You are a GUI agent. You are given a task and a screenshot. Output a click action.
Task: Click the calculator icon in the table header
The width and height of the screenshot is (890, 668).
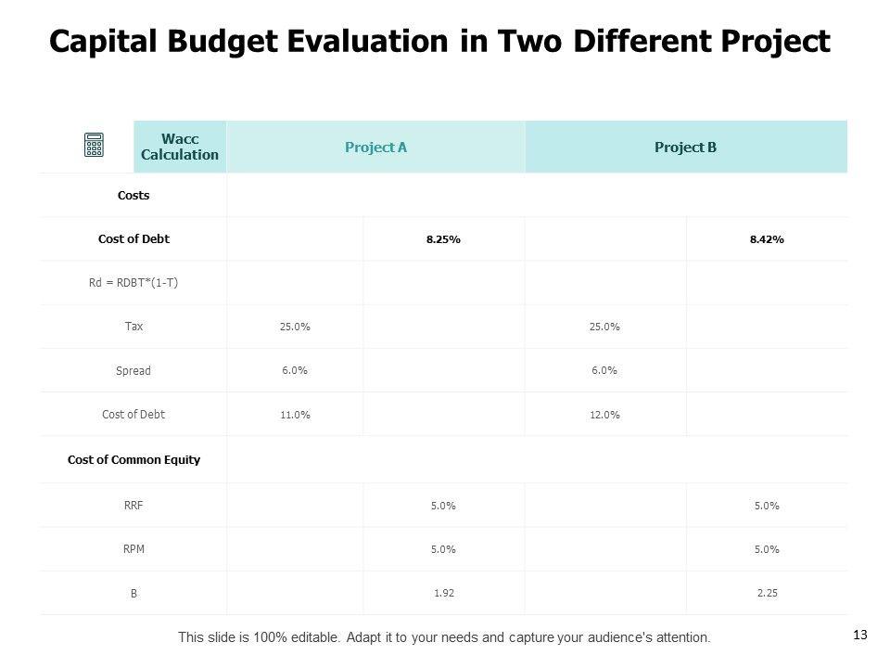94,146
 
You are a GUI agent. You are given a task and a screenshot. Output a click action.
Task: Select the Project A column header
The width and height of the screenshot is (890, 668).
375,147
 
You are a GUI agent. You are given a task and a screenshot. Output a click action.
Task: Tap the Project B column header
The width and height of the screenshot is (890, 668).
685,147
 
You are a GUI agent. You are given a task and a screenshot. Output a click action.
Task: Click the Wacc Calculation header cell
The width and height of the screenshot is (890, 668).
180,147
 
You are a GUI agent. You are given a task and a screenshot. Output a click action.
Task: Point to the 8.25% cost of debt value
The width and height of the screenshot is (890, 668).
443,239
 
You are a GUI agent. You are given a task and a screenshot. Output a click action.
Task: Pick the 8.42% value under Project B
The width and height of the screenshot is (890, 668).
767,239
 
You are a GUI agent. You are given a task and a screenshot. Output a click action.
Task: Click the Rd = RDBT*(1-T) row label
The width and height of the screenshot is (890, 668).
133,283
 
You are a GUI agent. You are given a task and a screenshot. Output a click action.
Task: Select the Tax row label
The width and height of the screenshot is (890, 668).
133,327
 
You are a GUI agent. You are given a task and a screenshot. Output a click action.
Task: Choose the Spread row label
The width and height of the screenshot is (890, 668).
133,370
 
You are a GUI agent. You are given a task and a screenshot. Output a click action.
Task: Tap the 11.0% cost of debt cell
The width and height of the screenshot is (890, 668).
295,415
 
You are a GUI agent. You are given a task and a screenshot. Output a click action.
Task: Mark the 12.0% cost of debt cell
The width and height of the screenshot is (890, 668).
604,415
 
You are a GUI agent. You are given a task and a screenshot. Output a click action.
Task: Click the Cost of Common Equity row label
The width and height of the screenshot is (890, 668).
133,459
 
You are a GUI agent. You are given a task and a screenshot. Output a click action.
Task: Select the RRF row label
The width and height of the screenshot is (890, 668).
133,506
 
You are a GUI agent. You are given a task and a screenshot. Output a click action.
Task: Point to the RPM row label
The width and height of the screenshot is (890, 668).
133,548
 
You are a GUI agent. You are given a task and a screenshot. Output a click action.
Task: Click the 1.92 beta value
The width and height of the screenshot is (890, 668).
443,593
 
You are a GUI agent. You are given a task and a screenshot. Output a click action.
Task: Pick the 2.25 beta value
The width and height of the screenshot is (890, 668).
767,593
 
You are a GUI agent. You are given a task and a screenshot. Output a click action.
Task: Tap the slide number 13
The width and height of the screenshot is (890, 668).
859,635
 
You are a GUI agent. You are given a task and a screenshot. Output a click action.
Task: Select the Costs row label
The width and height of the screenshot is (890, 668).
133,196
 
